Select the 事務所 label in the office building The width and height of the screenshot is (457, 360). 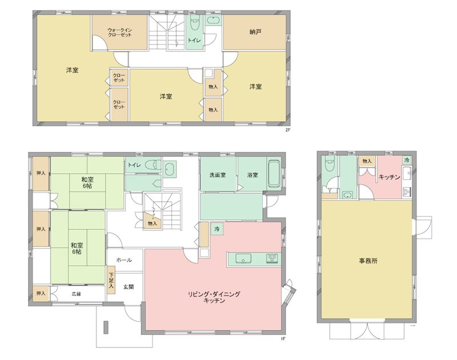point(368,261)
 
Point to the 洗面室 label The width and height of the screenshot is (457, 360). point(218,174)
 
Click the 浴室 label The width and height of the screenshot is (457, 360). point(252,174)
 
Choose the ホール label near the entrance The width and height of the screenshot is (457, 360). point(124,260)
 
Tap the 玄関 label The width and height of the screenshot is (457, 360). point(129,287)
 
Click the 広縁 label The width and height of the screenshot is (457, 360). point(76,294)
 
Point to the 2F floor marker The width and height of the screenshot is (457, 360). point(288,130)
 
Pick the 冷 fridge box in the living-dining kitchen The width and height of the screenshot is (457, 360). point(217,229)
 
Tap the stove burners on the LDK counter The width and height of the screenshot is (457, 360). point(271,259)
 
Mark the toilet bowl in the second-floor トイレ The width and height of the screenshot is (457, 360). point(194,24)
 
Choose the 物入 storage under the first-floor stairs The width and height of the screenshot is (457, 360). point(151,223)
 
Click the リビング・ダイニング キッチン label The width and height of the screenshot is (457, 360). point(214,297)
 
